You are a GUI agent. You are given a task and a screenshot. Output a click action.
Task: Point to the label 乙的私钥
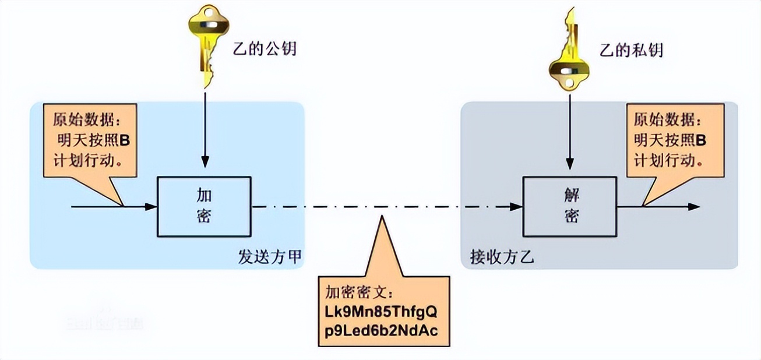click(632, 50)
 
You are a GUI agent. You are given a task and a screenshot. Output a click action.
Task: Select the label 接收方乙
click(502, 257)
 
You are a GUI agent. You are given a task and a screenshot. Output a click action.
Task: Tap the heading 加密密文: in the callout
click(360, 292)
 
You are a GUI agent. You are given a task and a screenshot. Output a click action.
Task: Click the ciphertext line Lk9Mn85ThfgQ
click(383, 310)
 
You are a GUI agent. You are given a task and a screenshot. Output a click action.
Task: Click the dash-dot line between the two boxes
click(385, 206)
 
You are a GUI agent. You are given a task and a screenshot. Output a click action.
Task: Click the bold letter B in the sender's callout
click(124, 140)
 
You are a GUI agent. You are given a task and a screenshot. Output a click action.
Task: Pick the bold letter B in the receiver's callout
click(701, 140)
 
